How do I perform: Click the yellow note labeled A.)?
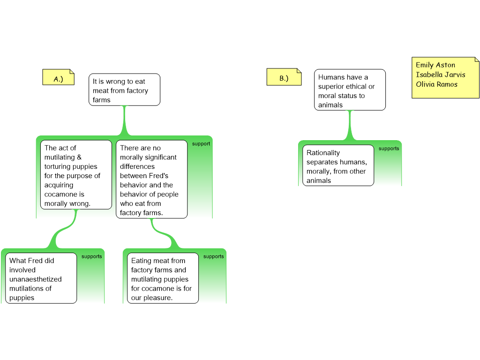pyautogui.click(x=59, y=77)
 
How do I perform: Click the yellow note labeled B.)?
pyautogui.click(x=284, y=77)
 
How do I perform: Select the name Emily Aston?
pyautogui.click(x=435, y=65)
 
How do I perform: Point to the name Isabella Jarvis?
pyautogui.click(x=441, y=75)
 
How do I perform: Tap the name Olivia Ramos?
pyautogui.click(x=436, y=84)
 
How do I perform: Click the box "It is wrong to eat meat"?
pyautogui.click(x=124, y=90)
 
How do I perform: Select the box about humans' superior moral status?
pyautogui.click(x=350, y=90)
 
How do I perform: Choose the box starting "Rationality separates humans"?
pyautogui.click(x=338, y=165)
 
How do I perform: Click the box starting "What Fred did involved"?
pyautogui.click(x=41, y=278)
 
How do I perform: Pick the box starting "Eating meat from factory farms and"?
pyautogui.click(x=163, y=278)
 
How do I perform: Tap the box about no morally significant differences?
pyautogui.click(x=151, y=180)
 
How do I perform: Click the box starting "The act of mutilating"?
pyautogui.click(x=76, y=175)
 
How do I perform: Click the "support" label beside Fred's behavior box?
pyautogui.click(x=201, y=144)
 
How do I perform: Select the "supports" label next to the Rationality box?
pyautogui.click(x=389, y=149)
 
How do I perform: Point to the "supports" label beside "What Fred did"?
pyautogui.click(x=91, y=256)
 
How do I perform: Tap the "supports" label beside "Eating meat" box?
pyautogui.click(x=214, y=256)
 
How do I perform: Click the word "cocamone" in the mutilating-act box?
pyautogui.click(x=59, y=195)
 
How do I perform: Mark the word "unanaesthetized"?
pyautogui.click(x=36, y=279)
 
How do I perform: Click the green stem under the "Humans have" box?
pyautogui.click(x=350, y=125)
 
